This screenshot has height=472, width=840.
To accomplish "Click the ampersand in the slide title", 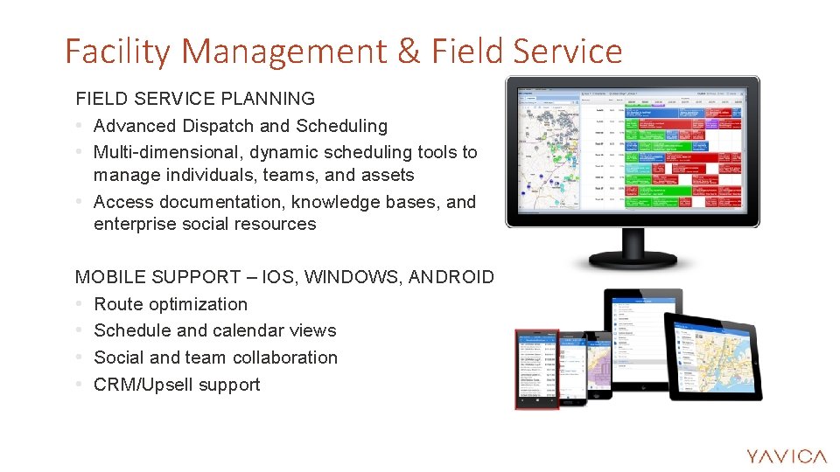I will click(x=408, y=52).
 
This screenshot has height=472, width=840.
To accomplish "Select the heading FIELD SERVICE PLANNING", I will click(x=195, y=99).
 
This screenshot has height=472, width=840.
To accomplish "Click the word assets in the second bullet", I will click(x=385, y=175).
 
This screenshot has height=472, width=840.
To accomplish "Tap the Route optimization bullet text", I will click(x=171, y=304).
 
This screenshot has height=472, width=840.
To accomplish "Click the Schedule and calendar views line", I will click(x=214, y=330).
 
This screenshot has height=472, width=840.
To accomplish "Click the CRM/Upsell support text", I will click(x=177, y=385).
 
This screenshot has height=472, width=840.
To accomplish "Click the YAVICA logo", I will click(x=786, y=455).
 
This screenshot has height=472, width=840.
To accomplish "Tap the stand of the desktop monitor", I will click(x=632, y=250).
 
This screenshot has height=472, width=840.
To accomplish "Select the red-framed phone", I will click(x=536, y=369).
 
